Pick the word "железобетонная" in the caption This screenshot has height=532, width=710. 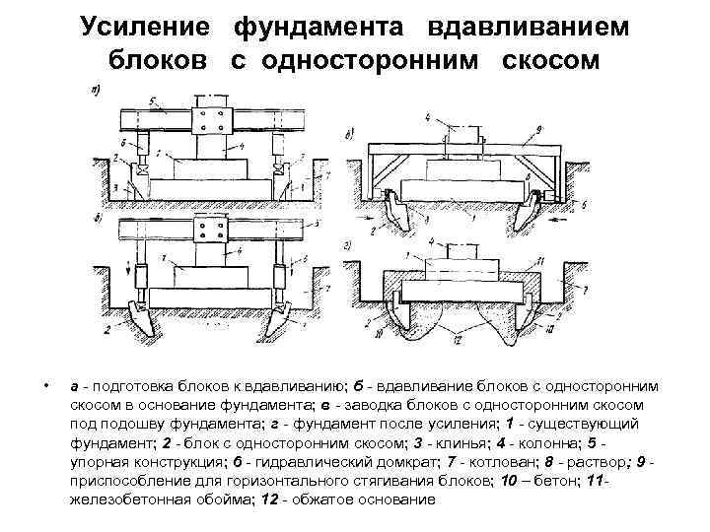[123, 499]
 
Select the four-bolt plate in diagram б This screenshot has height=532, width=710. [209, 233]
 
